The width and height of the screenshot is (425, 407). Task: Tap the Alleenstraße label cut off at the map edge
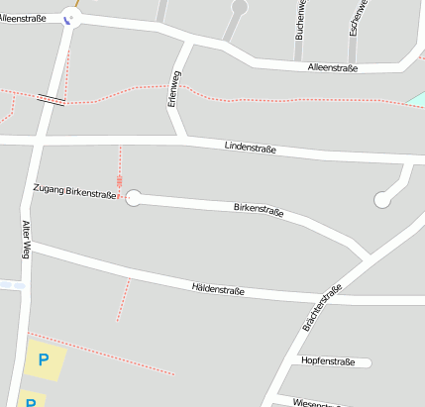click(24, 18)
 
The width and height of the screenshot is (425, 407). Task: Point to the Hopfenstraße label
click(327, 361)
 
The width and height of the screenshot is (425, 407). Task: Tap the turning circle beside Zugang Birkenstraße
click(134, 198)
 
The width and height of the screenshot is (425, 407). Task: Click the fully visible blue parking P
click(43, 360)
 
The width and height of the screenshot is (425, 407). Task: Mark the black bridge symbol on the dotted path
click(51, 99)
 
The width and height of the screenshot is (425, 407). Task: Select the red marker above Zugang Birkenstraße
click(120, 181)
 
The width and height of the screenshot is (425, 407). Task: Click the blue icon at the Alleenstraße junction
click(68, 18)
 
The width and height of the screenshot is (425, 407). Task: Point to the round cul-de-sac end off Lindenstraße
click(382, 200)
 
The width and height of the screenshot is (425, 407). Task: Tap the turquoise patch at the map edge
click(417, 99)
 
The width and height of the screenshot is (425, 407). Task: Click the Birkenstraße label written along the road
click(259, 210)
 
